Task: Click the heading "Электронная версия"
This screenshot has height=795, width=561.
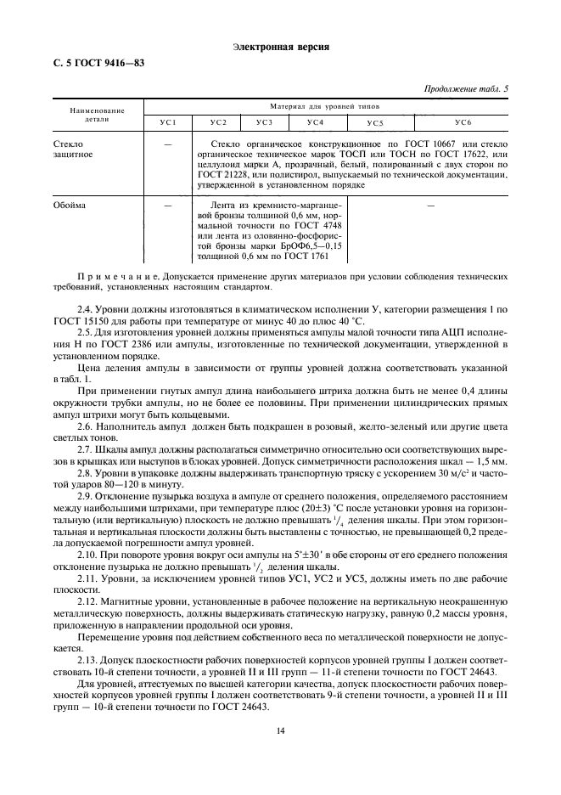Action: [280, 46]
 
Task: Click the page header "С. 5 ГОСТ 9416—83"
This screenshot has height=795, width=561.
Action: [93, 65]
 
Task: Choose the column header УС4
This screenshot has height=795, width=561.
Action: [316, 124]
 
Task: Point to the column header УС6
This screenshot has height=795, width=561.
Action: [462, 124]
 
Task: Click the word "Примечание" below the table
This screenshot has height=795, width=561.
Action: [117, 277]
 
